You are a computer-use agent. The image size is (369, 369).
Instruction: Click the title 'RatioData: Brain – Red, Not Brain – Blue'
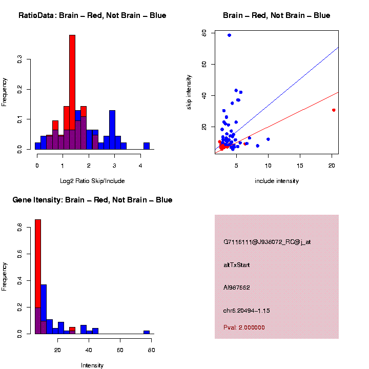(x=92, y=15)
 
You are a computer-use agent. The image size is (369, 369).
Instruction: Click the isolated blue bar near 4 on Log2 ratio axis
(x=147, y=146)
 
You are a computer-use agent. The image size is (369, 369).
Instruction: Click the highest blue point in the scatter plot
(x=229, y=35)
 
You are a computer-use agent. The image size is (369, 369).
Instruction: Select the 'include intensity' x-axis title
(x=277, y=181)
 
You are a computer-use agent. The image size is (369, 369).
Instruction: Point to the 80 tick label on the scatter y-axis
(x=204, y=33)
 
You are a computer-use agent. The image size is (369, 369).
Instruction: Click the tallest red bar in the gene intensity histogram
(x=37, y=256)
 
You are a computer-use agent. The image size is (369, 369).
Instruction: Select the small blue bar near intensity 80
(x=147, y=332)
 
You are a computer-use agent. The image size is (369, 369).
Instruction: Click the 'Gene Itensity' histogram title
(x=92, y=200)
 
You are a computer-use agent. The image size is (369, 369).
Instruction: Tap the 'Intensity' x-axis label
(x=92, y=365)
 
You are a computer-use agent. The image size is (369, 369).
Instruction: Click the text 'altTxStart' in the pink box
(x=237, y=265)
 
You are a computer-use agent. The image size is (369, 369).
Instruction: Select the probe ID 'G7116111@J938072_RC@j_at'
(x=267, y=242)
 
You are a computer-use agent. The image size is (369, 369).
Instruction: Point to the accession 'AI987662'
(x=237, y=288)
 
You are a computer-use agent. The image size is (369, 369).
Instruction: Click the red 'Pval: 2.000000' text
(x=244, y=327)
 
